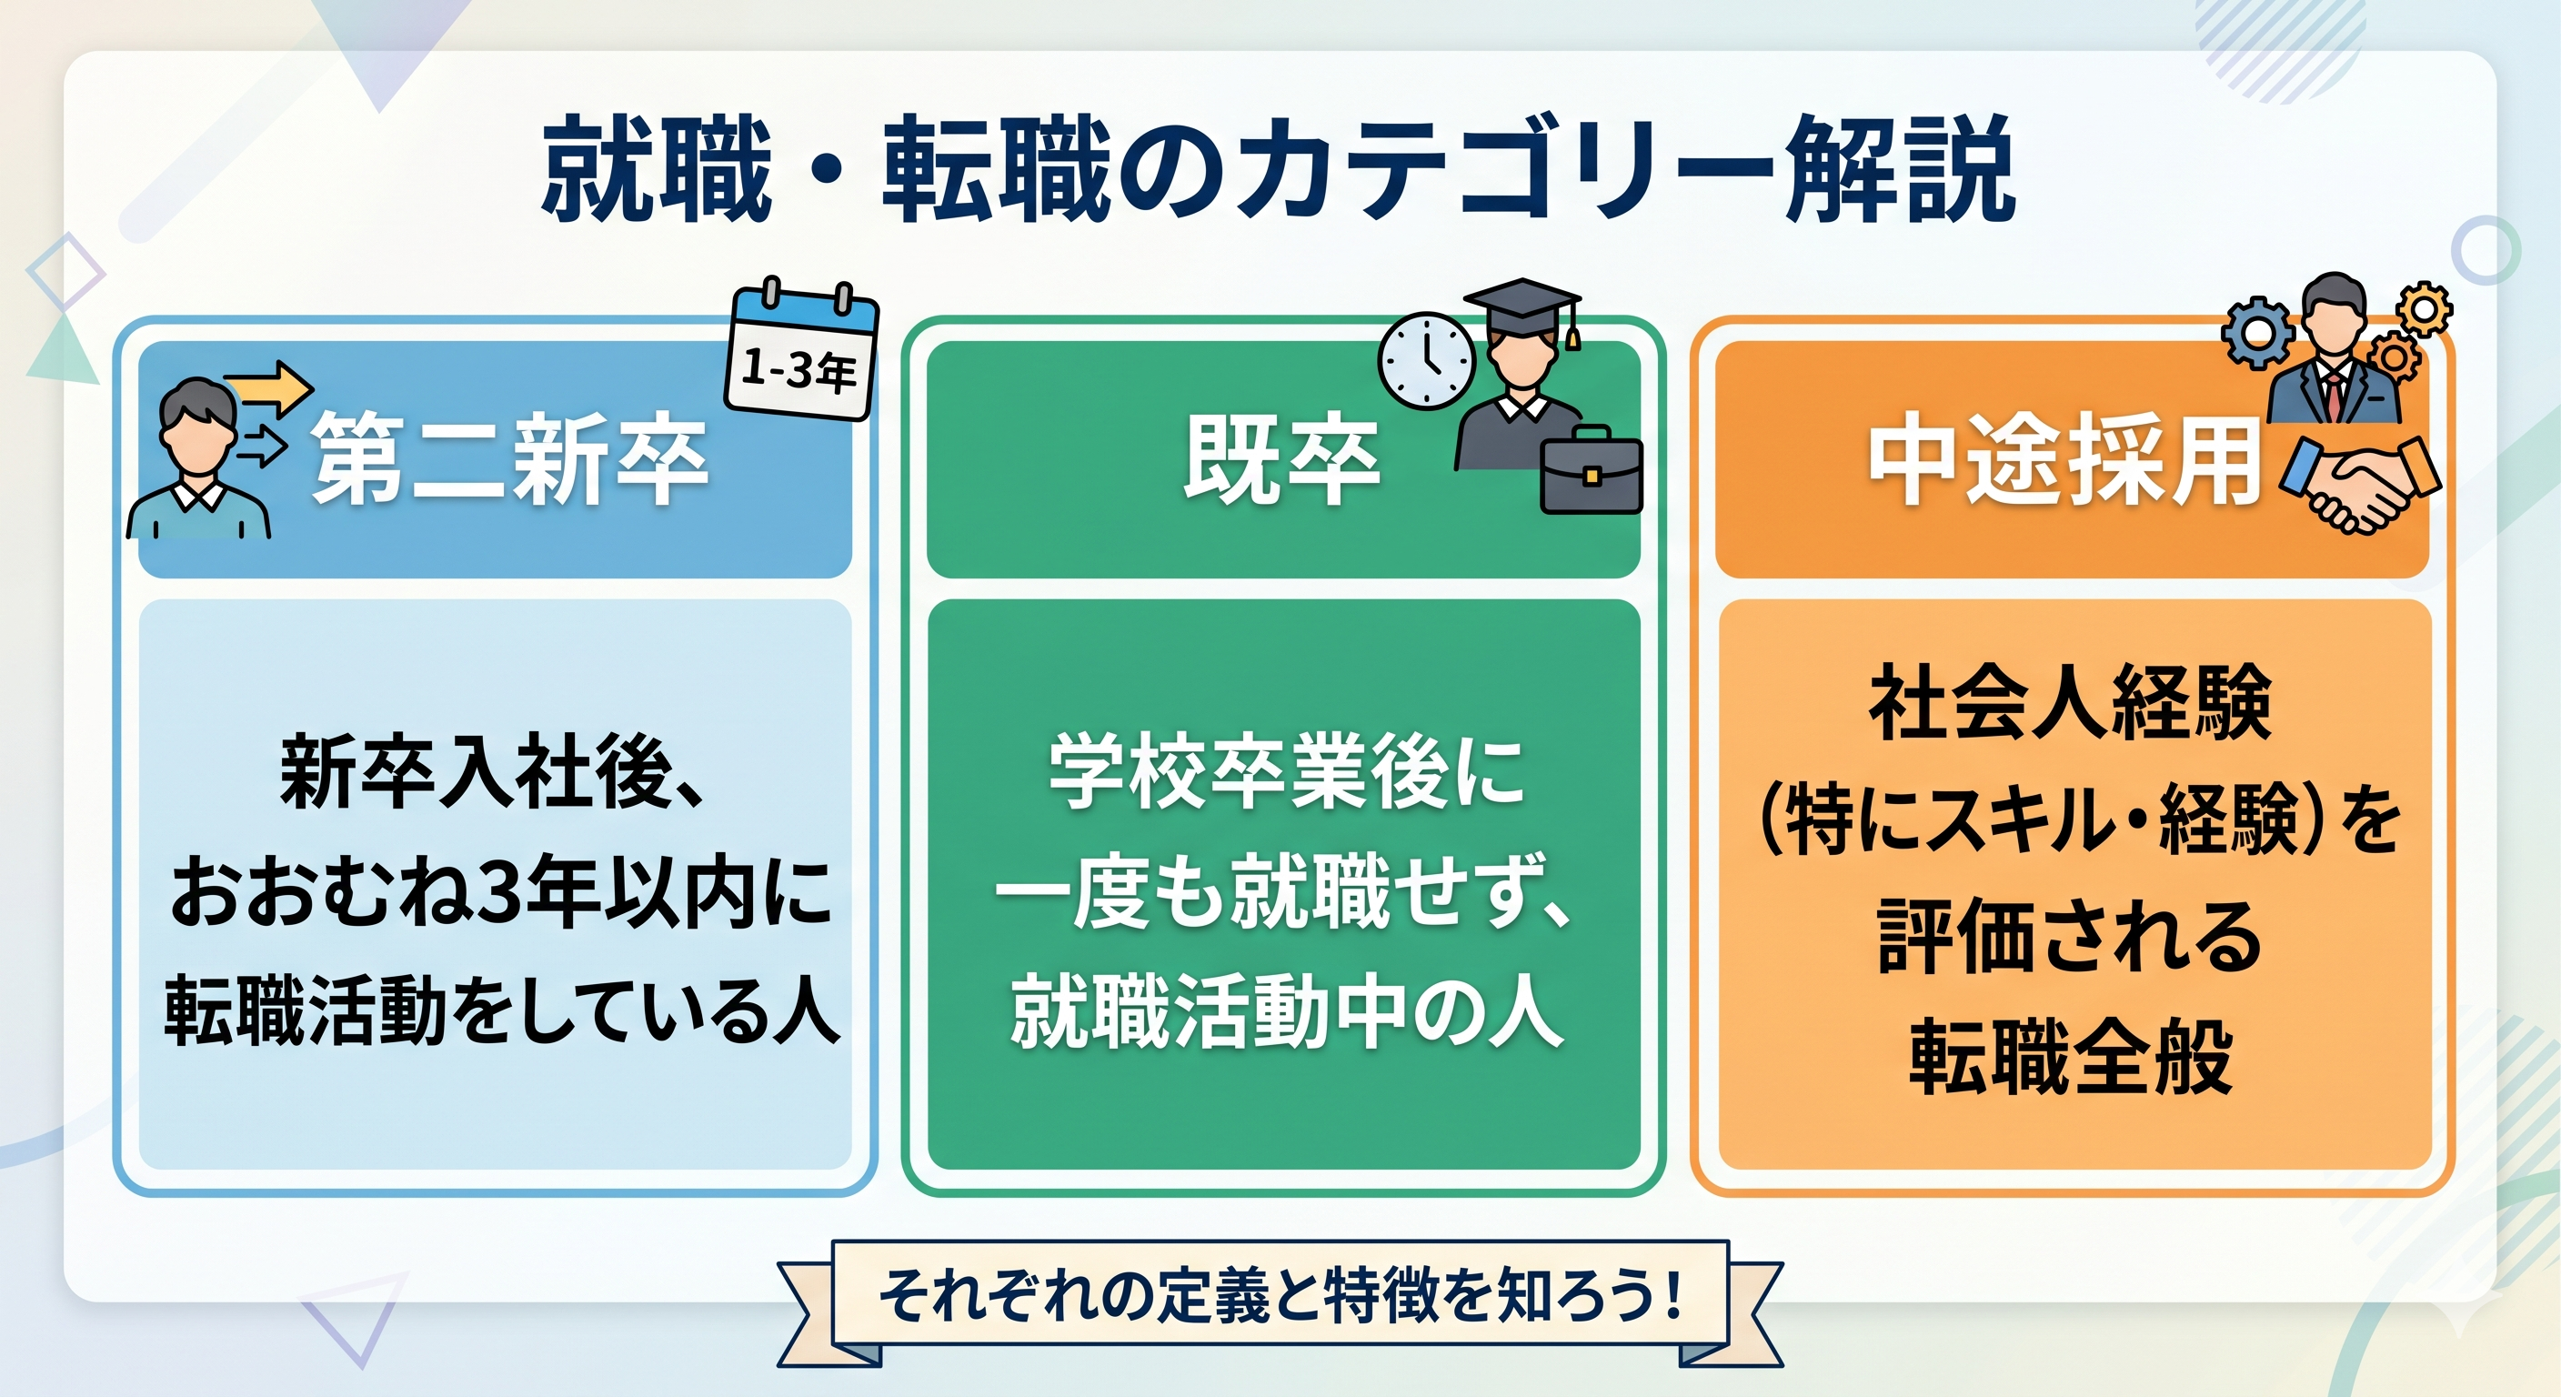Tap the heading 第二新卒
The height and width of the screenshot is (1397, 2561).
(510, 460)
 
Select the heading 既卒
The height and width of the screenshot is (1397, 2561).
(1282, 460)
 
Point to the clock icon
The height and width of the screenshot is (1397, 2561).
(1426, 360)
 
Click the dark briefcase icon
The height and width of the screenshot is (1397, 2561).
(1591, 470)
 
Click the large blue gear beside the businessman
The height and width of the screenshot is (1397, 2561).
(2258, 332)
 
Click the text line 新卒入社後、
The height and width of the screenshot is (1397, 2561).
(494, 771)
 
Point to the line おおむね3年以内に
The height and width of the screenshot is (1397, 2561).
(501, 892)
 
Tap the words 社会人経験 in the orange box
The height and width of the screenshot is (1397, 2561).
(2071, 703)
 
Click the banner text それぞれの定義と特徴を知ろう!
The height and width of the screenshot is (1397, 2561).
(1280, 1295)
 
